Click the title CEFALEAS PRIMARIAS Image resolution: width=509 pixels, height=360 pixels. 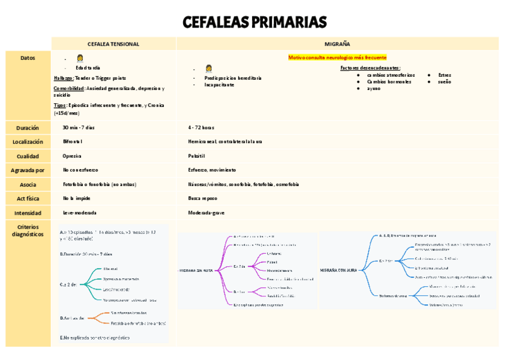(x=254, y=23)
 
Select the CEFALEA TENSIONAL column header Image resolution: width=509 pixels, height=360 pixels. (x=113, y=44)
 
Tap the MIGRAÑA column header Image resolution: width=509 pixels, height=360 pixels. (x=337, y=44)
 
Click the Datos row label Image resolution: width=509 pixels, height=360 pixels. (x=28, y=58)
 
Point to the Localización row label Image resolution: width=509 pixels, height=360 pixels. (x=28, y=142)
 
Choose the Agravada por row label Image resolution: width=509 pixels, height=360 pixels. (x=28, y=170)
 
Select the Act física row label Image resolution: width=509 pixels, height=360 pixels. (x=28, y=198)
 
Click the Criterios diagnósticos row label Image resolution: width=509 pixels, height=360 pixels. (x=28, y=231)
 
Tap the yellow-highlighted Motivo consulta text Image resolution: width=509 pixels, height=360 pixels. (x=337, y=58)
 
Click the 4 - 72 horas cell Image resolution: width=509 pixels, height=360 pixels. (x=201, y=128)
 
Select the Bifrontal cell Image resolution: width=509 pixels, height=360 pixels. (x=73, y=142)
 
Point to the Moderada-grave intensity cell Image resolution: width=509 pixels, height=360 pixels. (x=206, y=212)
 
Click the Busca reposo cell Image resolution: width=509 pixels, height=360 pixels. (x=202, y=198)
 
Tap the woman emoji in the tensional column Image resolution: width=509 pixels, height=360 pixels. (x=80, y=58)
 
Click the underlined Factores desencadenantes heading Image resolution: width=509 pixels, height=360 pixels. (x=370, y=68)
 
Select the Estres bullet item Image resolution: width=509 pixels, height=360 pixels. (x=445, y=75)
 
